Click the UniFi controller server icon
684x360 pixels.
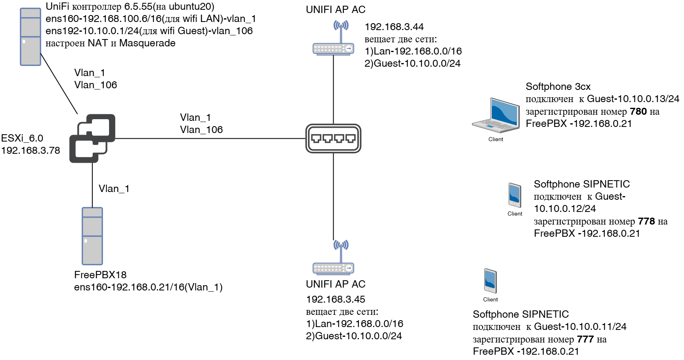(31, 37)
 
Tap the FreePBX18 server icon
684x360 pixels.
(92, 236)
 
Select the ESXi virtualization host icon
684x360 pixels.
(92, 138)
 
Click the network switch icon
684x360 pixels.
(333, 138)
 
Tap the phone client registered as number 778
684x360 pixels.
(515, 195)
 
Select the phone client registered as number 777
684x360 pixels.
(490, 281)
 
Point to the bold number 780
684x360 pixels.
(638, 111)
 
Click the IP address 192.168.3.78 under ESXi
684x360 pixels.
(31, 151)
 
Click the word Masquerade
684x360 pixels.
(147, 43)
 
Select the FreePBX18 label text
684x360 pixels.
(100, 275)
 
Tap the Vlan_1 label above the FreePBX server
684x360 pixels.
(114, 189)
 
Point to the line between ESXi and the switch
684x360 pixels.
(210, 138)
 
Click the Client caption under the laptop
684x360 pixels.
(496, 139)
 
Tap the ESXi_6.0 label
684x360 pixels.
(22, 138)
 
